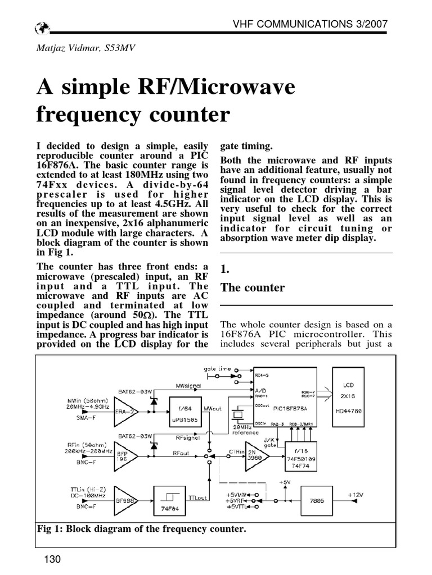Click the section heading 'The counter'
[253, 287]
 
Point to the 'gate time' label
[217, 368]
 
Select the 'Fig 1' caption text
[141, 529]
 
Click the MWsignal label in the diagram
[189, 386]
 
